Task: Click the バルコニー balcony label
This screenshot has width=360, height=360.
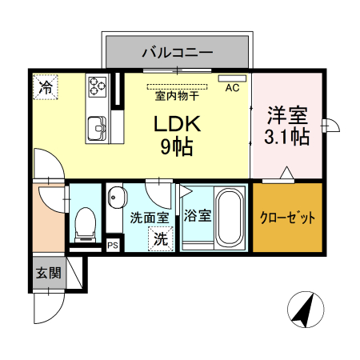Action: pyautogui.click(x=178, y=53)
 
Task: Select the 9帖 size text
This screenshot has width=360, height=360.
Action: pyautogui.click(x=178, y=147)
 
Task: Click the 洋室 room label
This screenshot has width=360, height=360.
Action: pyautogui.click(x=287, y=114)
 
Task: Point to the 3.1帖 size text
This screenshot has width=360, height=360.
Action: pyautogui.click(x=287, y=137)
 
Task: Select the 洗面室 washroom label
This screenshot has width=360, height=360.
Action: pyautogui.click(x=149, y=217)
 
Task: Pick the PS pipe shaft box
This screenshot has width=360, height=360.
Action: pyautogui.click(x=113, y=246)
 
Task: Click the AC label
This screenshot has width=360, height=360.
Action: pyautogui.click(x=233, y=87)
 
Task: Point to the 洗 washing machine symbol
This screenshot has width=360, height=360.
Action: pyautogui.click(x=161, y=238)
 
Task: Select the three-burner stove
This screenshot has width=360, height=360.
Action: pyautogui.click(x=98, y=85)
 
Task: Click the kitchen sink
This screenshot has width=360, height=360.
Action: pyautogui.click(x=98, y=126)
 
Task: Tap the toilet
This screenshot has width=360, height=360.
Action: pyautogui.click(x=84, y=223)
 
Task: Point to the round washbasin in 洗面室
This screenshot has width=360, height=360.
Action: pyautogui.click(x=117, y=196)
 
